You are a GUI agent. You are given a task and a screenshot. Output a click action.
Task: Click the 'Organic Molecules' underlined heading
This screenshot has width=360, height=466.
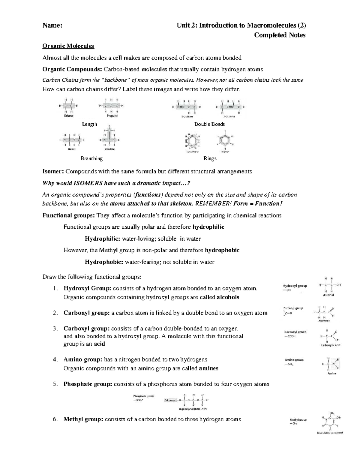pos(68,46)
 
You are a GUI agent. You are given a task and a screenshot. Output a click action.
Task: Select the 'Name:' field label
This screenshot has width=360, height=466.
pos(52,26)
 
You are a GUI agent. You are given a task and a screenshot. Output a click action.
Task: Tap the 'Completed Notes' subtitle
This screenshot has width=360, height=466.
pos(280,35)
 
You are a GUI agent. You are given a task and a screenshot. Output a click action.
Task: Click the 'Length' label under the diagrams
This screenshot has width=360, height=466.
pos(89,124)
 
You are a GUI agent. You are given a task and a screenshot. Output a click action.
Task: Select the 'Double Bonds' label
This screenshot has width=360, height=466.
pos(209,124)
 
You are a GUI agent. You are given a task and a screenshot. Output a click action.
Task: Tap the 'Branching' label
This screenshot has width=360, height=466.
pos(91,158)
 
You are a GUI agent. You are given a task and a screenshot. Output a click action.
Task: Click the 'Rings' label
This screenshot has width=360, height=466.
pos(210,158)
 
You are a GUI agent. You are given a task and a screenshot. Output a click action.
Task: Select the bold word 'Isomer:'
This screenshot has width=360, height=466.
pos(53,172)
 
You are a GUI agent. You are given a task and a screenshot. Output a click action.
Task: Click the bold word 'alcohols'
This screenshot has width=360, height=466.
pos(228,297)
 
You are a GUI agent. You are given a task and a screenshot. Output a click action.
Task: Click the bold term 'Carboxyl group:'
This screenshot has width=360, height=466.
pos(86,329)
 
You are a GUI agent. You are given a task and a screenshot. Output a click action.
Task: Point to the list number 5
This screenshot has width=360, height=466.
pos(55,384)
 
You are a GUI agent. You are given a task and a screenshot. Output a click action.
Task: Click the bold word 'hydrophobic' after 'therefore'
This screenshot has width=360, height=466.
pos(222,250)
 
